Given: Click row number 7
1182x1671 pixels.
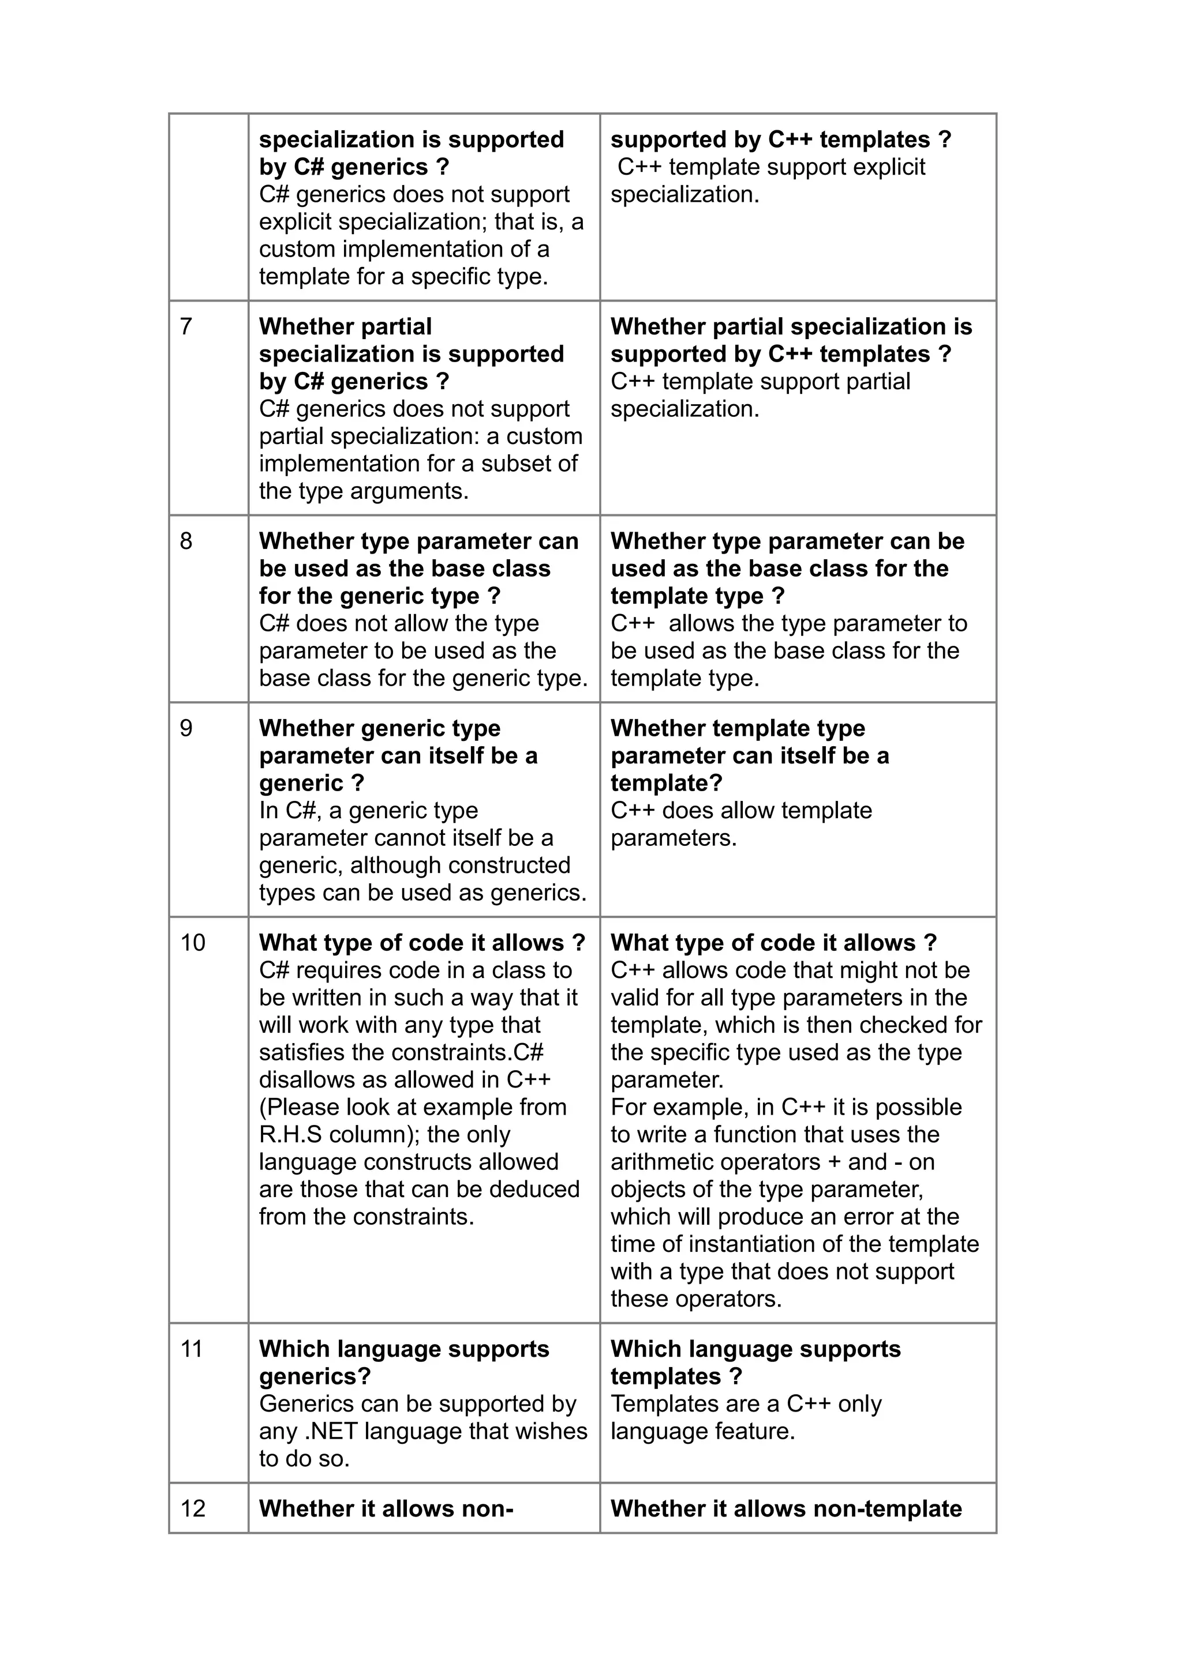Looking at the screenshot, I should [x=186, y=327].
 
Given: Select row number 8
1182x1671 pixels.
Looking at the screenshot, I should [x=186, y=541].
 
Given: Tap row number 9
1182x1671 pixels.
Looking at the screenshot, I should [x=186, y=728].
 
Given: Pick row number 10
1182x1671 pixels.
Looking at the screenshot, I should [x=193, y=943].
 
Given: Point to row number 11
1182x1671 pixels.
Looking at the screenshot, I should [x=192, y=1349].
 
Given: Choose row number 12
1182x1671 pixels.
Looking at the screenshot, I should [x=193, y=1509].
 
